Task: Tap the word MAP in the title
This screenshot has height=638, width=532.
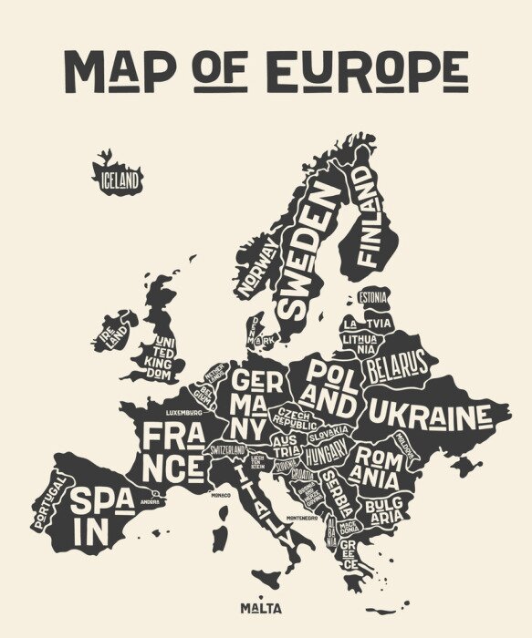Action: click(x=120, y=71)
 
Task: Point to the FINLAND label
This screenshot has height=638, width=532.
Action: click(x=367, y=215)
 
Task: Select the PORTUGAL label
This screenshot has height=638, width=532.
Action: click(x=48, y=501)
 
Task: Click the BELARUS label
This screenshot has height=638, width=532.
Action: click(x=397, y=366)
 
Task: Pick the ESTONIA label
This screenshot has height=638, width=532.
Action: click(x=371, y=297)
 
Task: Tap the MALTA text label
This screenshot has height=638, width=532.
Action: click(x=261, y=608)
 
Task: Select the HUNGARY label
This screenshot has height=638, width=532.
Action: click(x=325, y=453)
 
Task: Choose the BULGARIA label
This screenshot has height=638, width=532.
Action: click(x=383, y=509)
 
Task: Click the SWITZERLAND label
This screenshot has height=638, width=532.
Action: click(x=229, y=450)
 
